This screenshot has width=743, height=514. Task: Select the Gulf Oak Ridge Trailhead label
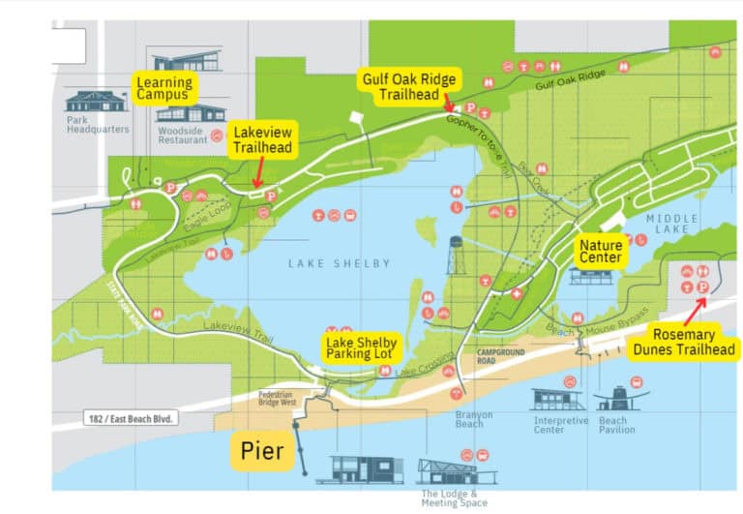409,87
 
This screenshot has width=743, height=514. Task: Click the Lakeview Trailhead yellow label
261,140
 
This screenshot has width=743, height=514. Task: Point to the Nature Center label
601,252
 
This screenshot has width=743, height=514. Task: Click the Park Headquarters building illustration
96,101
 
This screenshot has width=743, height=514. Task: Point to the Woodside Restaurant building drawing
191,113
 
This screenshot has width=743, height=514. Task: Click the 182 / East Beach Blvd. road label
134,419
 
